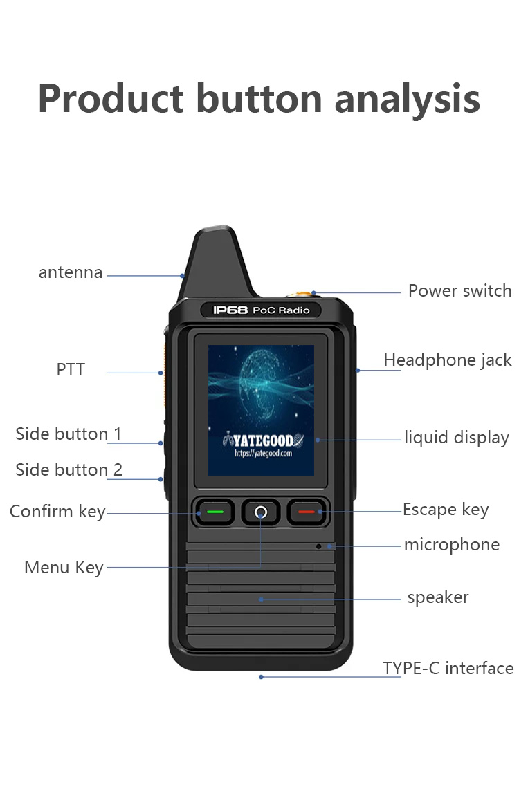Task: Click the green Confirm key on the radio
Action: point(215,512)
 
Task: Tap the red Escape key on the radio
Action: point(307,512)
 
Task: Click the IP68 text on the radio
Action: point(230,310)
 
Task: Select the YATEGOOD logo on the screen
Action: point(264,440)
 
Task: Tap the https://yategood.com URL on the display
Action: point(263,453)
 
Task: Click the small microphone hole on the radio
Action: point(319,546)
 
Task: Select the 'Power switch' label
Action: point(459,291)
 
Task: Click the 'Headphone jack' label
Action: point(448,360)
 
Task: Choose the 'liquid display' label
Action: point(457,438)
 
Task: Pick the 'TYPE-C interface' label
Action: point(448,668)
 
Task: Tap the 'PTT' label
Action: point(71,369)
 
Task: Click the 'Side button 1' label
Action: point(69,434)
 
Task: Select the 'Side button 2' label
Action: point(69,469)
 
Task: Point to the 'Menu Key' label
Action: point(64,568)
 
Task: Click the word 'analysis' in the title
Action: point(407,100)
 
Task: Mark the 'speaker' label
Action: point(438,597)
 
